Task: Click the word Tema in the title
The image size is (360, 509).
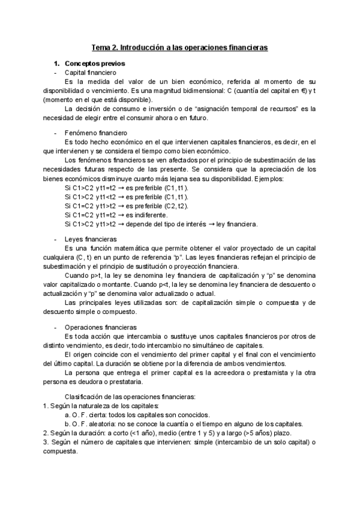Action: [100, 46]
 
